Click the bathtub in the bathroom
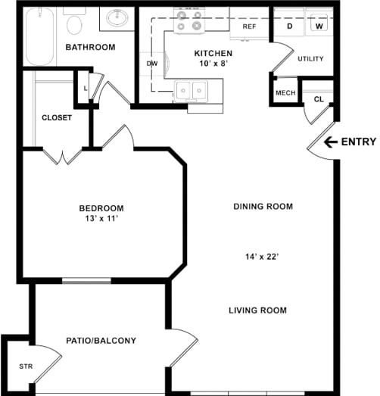[40, 36]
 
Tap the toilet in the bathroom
[74, 21]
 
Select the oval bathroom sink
[117, 17]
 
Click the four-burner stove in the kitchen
[189, 20]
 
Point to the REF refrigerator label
[249, 27]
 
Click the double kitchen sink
[192, 91]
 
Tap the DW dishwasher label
[152, 64]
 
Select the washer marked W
[319, 23]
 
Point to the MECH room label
[285, 93]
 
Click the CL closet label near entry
[319, 99]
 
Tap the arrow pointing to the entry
[331, 142]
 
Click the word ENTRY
[359, 142]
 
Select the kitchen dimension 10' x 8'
[214, 64]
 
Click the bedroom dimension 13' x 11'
[101, 219]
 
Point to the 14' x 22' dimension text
[262, 257]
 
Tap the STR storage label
[26, 366]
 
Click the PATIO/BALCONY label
[101, 341]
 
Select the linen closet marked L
[86, 89]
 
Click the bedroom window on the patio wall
[86, 280]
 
